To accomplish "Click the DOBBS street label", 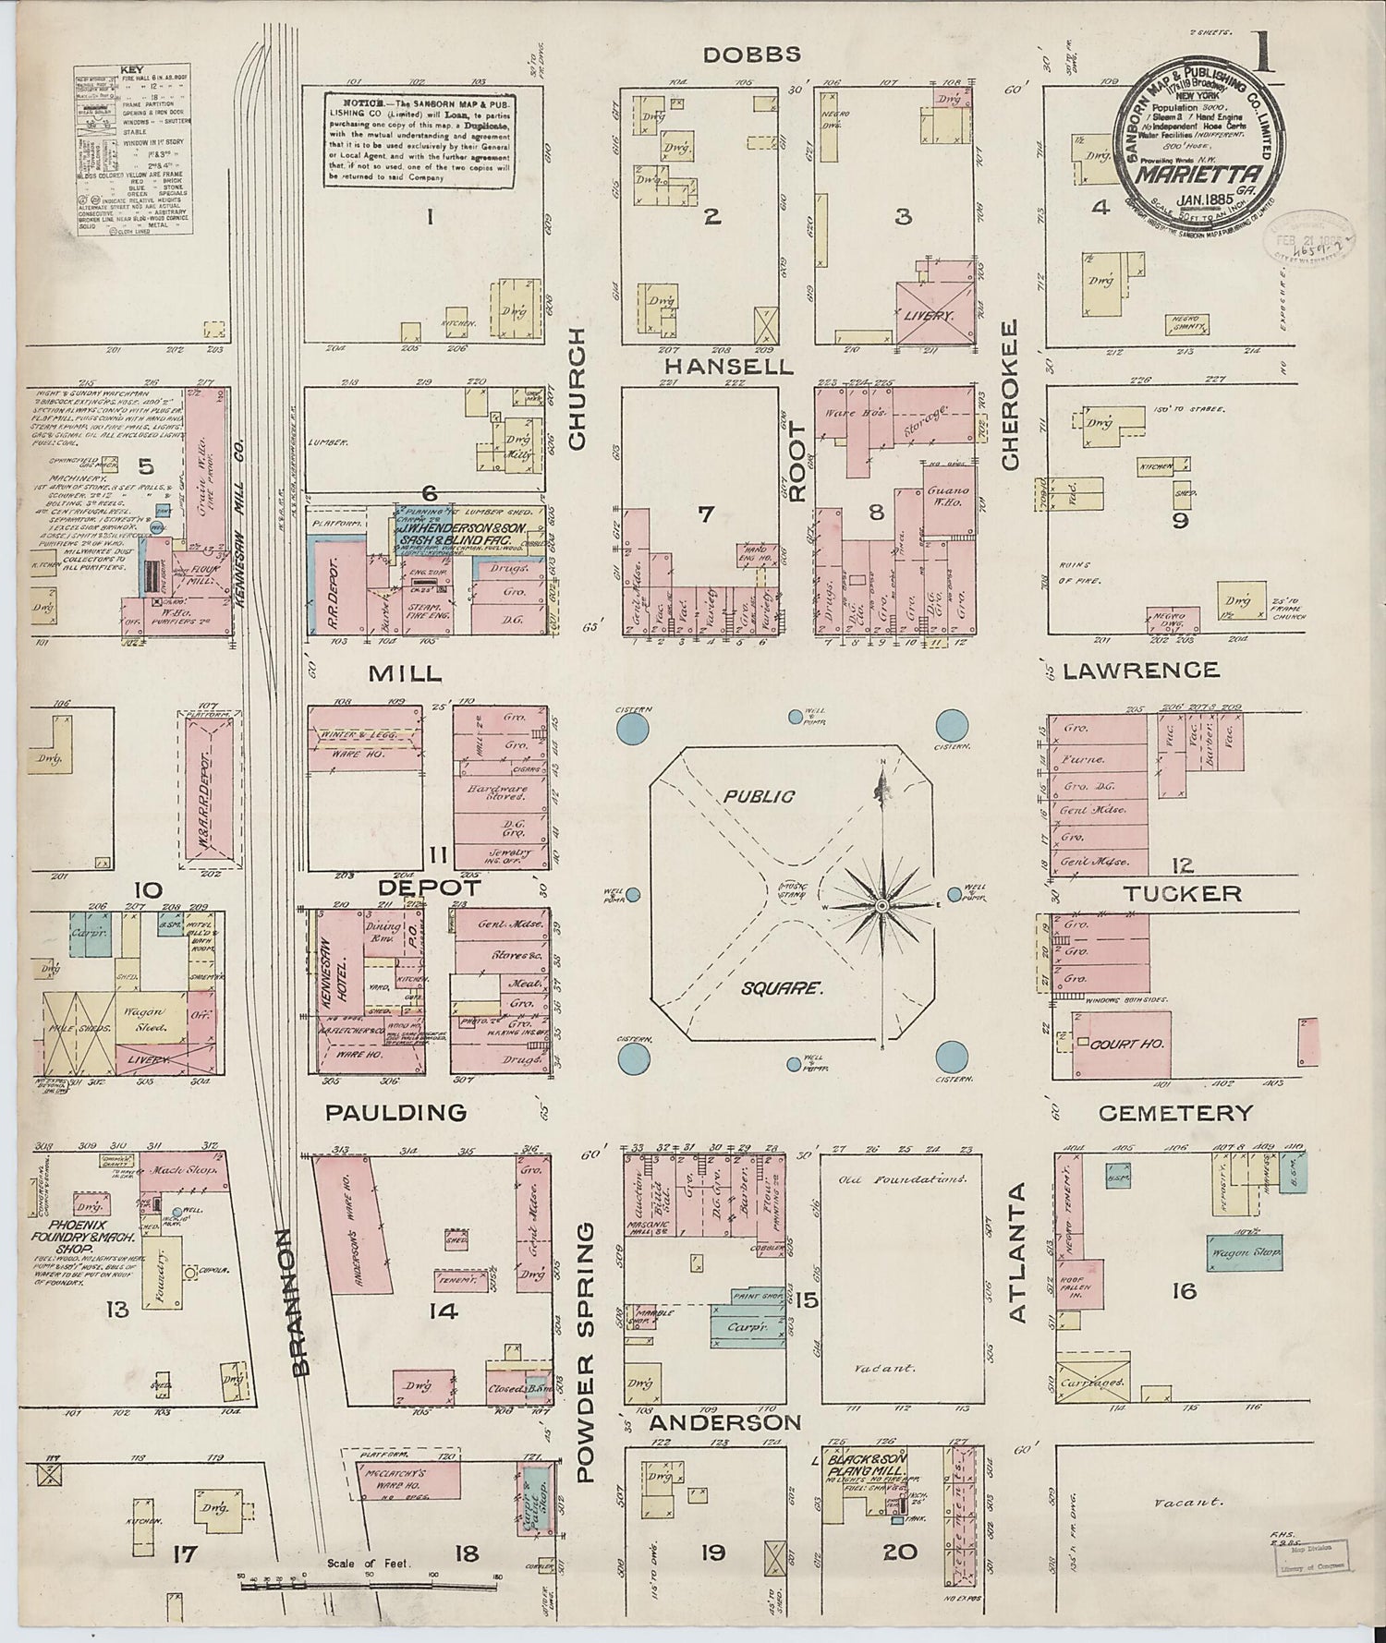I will coord(750,54).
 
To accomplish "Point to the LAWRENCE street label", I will coord(1140,670).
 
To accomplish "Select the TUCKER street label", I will coord(1183,893).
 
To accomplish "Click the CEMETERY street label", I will coord(1175,1113).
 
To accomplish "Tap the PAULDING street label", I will coord(396,1113).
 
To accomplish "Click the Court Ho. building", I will coord(1121,1045).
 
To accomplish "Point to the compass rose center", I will coord(882,907).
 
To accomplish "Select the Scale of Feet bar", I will coord(370,1586).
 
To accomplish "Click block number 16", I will coord(1185,1291).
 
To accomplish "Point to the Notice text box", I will coord(419,139).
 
